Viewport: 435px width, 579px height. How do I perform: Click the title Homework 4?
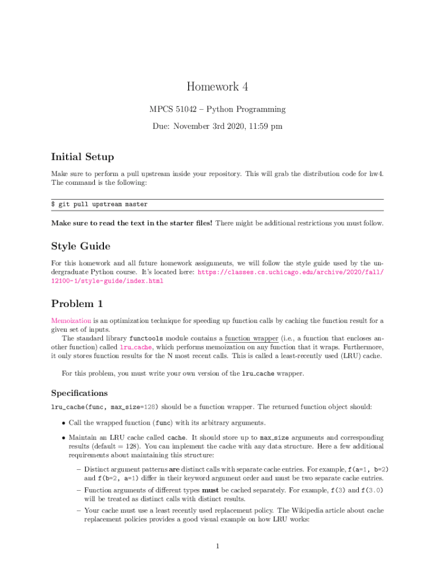click(x=217, y=87)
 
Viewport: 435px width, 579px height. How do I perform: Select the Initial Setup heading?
click(x=82, y=157)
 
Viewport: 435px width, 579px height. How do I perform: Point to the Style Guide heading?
click(x=80, y=246)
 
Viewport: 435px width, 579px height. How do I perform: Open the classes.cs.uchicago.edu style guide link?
click(x=290, y=272)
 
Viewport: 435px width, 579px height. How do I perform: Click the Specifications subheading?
click(x=79, y=392)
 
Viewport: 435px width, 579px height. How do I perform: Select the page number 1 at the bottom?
click(x=217, y=546)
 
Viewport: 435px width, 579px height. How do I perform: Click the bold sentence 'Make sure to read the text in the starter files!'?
click(x=132, y=223)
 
